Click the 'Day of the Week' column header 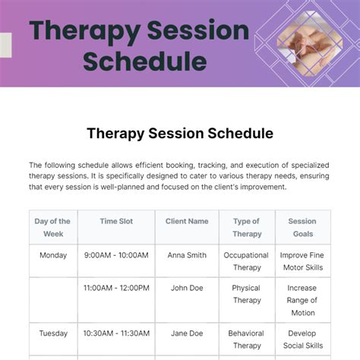[52, 228]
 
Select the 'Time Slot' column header [116, 222]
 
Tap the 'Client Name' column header [186, 222]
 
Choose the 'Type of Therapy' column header [246, 228]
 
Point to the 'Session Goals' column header [302, 228]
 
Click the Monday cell [52, 256]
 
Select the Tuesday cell [52, 333]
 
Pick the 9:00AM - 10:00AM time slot [116, 256]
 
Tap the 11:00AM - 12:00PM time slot [116, 289]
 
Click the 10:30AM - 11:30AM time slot [116, 333]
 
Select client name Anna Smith [186, 256]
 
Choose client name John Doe [186, 289]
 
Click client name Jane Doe [186, 333]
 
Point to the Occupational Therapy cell [246, 261]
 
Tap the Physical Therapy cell [246, 294]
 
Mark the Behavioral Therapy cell [246, 339]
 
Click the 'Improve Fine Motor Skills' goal [302, 261]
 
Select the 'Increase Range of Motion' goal [302, 300]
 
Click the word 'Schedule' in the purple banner [144, 61]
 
